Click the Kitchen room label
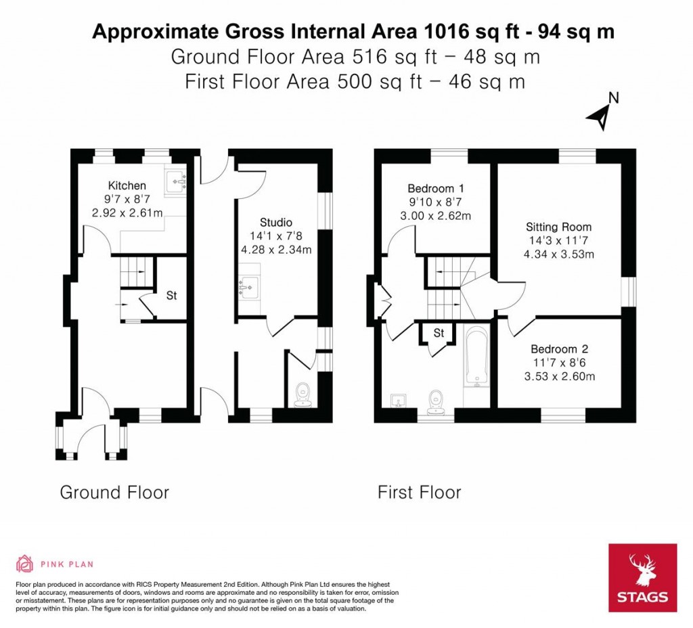click(127, 185)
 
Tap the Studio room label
click(276, 222)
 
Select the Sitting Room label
click(558, 227)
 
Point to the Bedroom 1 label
click(436, 189)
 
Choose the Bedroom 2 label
click(560, 349)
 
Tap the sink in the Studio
click(249, 287)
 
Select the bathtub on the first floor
click(476, 357)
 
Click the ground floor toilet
click(303, 395)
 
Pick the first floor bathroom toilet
click(436, 402)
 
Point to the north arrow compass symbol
click(602, 113)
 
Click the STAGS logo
click(643, 578)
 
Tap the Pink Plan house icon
click(25, 564)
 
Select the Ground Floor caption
click(114, 493)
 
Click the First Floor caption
click(420, 493)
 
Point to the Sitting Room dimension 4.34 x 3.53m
click(559, 254)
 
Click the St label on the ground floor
click(171, 295)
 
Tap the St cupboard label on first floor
click(439, 332)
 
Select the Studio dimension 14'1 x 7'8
click(276, 236)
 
